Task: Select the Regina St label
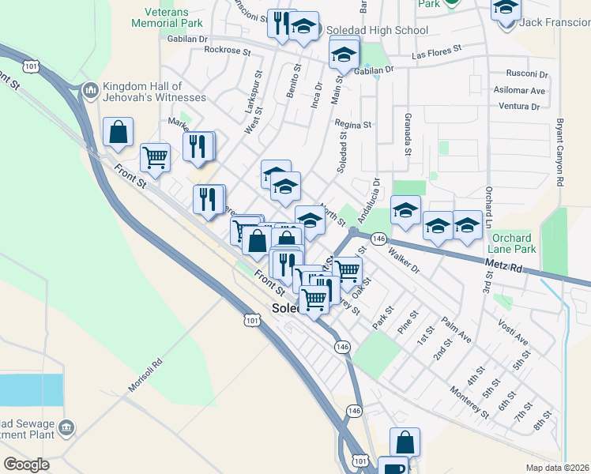tap(352, 124)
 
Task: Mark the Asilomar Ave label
tap(520, 91)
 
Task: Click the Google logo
tap(26, 465)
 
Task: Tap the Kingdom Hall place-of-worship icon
tap(90, 92)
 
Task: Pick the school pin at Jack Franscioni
tap(506, 10)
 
